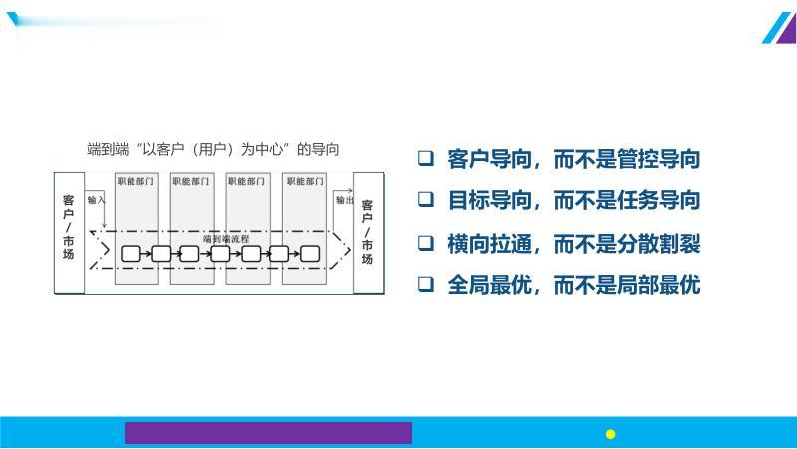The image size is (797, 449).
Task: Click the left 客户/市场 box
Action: click(68, 231)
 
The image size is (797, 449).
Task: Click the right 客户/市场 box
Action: click(367, 231)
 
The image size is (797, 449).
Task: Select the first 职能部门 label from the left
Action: click(135, 182)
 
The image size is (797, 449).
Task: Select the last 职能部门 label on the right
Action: click(303, 182)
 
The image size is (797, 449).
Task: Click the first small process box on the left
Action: click(131, 254)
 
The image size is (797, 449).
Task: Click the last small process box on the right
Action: click(311, 254)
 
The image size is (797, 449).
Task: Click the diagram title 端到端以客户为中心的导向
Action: click(213, 150)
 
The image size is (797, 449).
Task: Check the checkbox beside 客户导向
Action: click(425, 158)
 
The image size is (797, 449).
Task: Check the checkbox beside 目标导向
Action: click(425, 200)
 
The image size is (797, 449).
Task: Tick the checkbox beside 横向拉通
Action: click(425, 242)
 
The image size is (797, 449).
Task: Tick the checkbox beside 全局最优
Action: click(425, 284)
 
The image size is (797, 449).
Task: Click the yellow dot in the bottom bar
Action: click(611, 433)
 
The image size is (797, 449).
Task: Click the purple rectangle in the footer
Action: click(268, 432)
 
